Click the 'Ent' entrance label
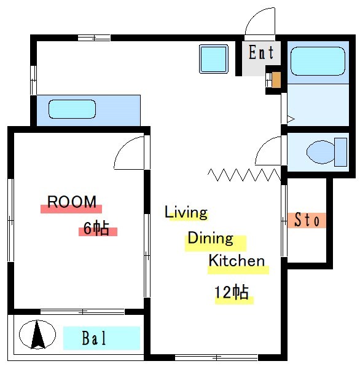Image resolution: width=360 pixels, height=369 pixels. click(x=261, y=52)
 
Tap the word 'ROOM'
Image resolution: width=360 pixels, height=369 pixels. click(x=72, y=202)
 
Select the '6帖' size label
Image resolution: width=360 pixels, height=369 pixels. click(x=96, y=228)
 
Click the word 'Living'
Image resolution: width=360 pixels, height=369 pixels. click(x=186, y=212)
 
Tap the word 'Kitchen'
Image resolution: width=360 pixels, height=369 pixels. click(x=237, y=261)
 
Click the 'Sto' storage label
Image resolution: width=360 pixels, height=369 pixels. click(x=307, y=220)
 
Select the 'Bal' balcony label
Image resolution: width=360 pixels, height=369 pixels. click(x=94, y=338)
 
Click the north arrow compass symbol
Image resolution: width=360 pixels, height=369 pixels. click(x=37, y=335)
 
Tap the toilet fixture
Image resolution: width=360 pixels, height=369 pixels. click(x=327, y=152)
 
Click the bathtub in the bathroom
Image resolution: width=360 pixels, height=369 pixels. click(x=318, y=61)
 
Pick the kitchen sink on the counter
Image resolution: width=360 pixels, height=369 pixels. click(x=72, y=109)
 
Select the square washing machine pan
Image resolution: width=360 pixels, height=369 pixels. click(x=214, y=59)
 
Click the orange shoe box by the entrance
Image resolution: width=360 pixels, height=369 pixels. click(x=276, y=80)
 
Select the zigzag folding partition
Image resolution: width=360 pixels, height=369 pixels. click(x=245, y=175)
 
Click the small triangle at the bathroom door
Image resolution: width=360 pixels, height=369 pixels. click(x=291, y=119)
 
